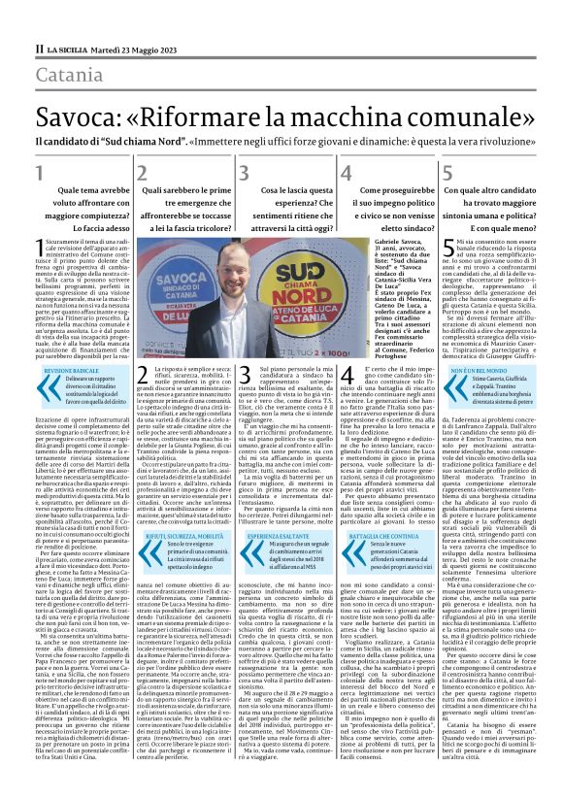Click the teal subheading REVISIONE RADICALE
pos(71,344)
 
